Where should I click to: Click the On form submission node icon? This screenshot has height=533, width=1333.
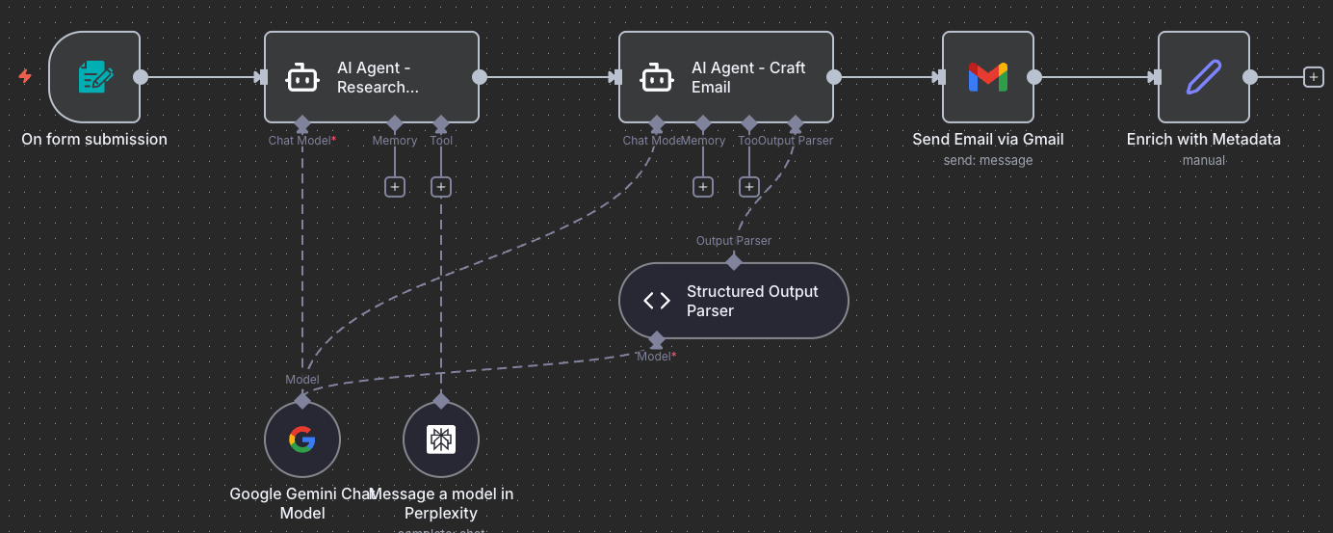(94, 77)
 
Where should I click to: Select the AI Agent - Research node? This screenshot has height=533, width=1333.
(372, 77)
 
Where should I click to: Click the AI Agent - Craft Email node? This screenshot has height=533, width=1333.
(726, 77)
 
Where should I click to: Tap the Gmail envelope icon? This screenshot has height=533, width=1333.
(987, 77)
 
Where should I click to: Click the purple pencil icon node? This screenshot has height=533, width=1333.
(1203, 77)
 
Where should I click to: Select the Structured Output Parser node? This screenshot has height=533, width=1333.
(733, 301)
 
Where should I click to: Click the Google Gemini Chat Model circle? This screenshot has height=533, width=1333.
(301, 440)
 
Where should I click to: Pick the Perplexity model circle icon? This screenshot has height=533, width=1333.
(440, 440)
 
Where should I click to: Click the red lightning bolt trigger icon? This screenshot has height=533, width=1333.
(25, 76)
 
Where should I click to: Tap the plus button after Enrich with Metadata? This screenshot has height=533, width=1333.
(1313, 77)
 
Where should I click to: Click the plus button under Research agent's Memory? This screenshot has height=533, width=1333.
(395, 187)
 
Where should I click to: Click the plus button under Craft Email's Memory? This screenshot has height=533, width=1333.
(703, 187)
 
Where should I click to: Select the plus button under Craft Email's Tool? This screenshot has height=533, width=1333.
(749, 187)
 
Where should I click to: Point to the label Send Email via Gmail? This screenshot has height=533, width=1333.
(987, 140)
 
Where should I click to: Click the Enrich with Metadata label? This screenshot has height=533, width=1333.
(1203, 140)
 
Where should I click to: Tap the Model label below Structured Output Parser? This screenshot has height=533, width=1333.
(657, 357)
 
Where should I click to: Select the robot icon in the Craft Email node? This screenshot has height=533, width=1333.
(657, 77)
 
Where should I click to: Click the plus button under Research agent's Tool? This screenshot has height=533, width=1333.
(441, 187)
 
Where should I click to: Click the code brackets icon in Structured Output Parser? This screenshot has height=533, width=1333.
(657, 301)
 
